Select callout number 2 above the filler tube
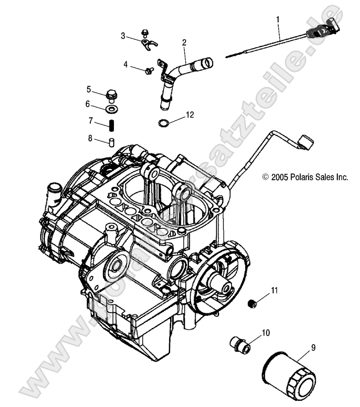pyautogui.click(x=184, y=43)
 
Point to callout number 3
pyautogui.click(x=123, y=36)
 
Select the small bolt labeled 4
pyautogui.click(x=149, y=70)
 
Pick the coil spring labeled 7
pyautogui.click(x=112, y=126)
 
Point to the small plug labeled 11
pyautogui.click(x=253, y=303)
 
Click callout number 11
pyautogui.click(x=275, y=290)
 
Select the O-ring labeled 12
pyautogui.click(x=163, y=123)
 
